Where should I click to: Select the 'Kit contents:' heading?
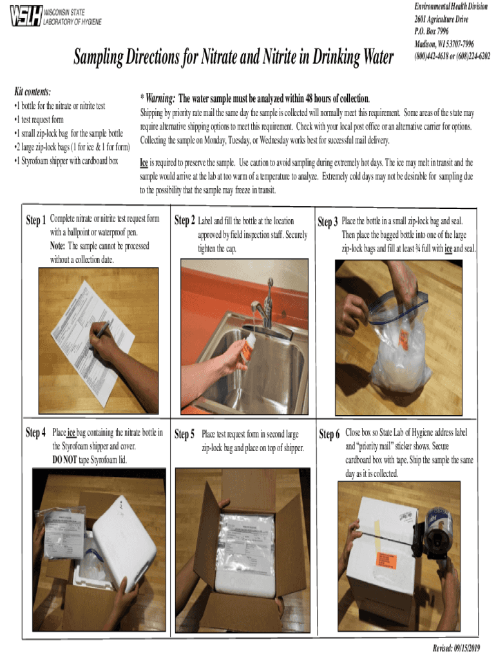[32, 92]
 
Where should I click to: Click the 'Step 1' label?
[35, 220]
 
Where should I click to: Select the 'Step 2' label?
[184, 220]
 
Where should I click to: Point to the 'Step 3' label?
[328, 222]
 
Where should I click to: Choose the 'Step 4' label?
[35, 432]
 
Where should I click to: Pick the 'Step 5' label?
[185, 434]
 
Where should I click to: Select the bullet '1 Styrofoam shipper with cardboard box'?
[66, 160]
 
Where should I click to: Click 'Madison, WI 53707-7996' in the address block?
[444, 43]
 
